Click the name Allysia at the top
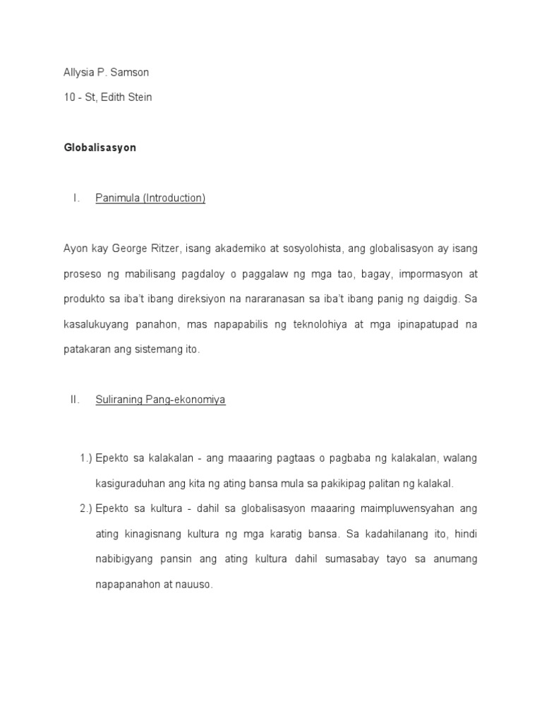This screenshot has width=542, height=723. (x=79, y=72)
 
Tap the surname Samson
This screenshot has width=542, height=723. (x=133, y=72)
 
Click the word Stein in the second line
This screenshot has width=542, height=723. (x=138, y=97)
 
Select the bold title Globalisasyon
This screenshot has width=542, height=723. (x=100, y=148)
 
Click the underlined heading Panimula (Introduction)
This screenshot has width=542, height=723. (x=150, y=198)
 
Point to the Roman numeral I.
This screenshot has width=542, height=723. (x=75, y=198)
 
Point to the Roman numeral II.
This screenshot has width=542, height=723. (x=76, y=400)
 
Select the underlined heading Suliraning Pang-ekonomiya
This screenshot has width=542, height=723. (x=160, y=400)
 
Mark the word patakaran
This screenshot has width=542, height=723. (x=88, y=349)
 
